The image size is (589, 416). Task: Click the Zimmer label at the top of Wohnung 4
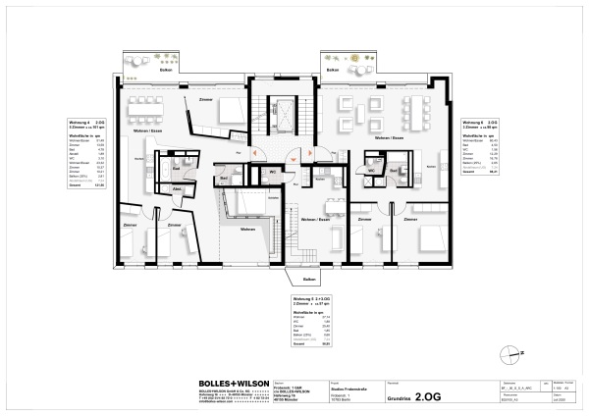point(205,100)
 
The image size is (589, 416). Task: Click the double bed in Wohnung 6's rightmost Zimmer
point(433,237)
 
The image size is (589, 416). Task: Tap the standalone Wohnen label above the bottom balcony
point(247,229)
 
